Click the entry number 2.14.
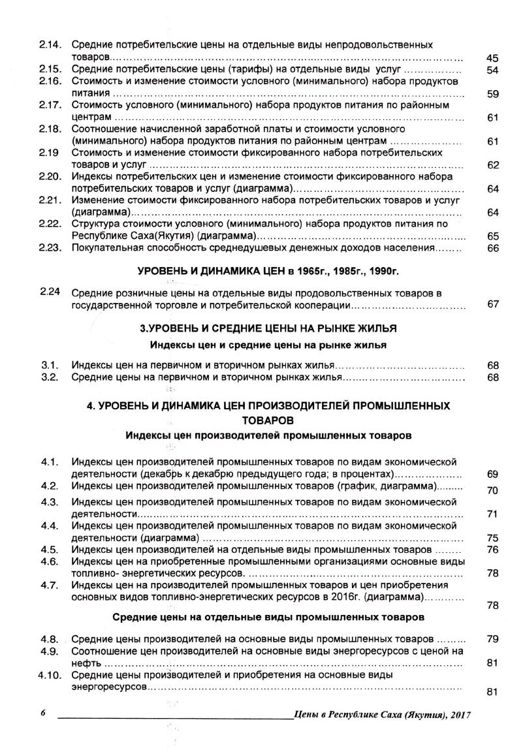point(50,45)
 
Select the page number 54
point(493,70)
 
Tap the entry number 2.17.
point(50,104)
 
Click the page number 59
point(493,93)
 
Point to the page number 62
point(493,164)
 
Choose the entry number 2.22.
point(50,223)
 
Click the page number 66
point(493,248)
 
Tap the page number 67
point(493,304)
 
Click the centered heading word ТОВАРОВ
point(268,418)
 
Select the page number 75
point(493,538)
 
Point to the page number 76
point(493,550)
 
